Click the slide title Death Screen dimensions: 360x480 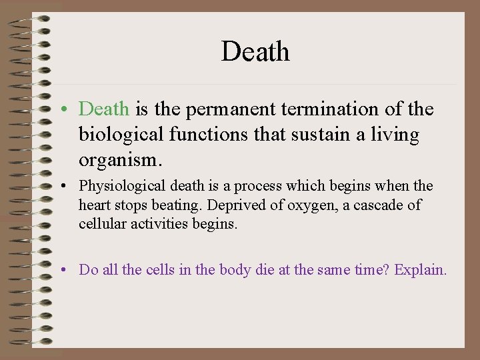pos(255,51)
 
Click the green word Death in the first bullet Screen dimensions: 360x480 pos(105,109)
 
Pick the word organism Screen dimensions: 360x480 pos(120,161)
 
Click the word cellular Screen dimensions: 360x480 pos(99,224)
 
